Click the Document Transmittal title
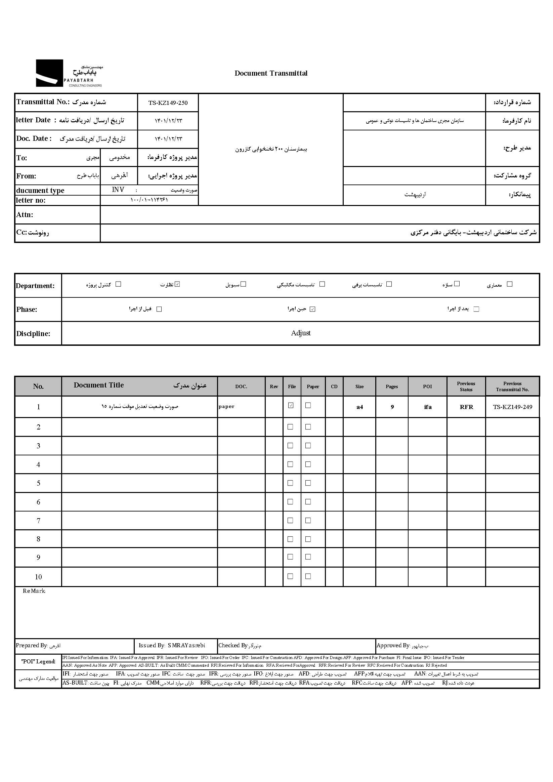click(271, 73)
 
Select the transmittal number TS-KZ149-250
click(168, 103)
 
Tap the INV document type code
click(118, 190)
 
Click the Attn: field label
click(25, 215)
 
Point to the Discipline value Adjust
click(301, 333)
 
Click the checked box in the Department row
click(177, 284)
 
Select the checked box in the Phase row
click(312, 309)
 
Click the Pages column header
click(392, 386)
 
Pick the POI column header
click(427, 386)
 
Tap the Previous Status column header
click(466, 386)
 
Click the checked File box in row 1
click(291, 405)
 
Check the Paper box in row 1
click(308, 405)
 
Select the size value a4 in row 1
click(359, 407)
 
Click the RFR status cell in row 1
click(466, 407)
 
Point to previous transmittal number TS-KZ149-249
click(512, 407)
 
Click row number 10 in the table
click(38, 577)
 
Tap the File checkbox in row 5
click(290, 483)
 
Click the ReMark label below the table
click(34, 591)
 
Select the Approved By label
click(393, 646)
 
